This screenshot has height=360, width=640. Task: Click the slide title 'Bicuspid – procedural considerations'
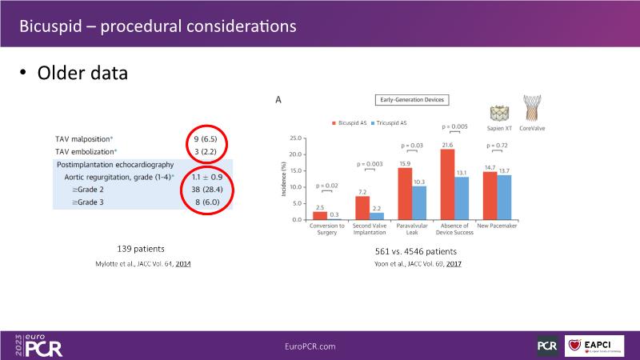[x=158, y=26]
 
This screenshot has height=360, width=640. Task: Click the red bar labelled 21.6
[x=447, y=184]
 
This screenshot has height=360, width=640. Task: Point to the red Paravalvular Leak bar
[x=405, y=194]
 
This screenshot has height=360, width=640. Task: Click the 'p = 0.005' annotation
[x=454, y=126]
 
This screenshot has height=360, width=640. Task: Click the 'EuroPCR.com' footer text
[x=310, y=346]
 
